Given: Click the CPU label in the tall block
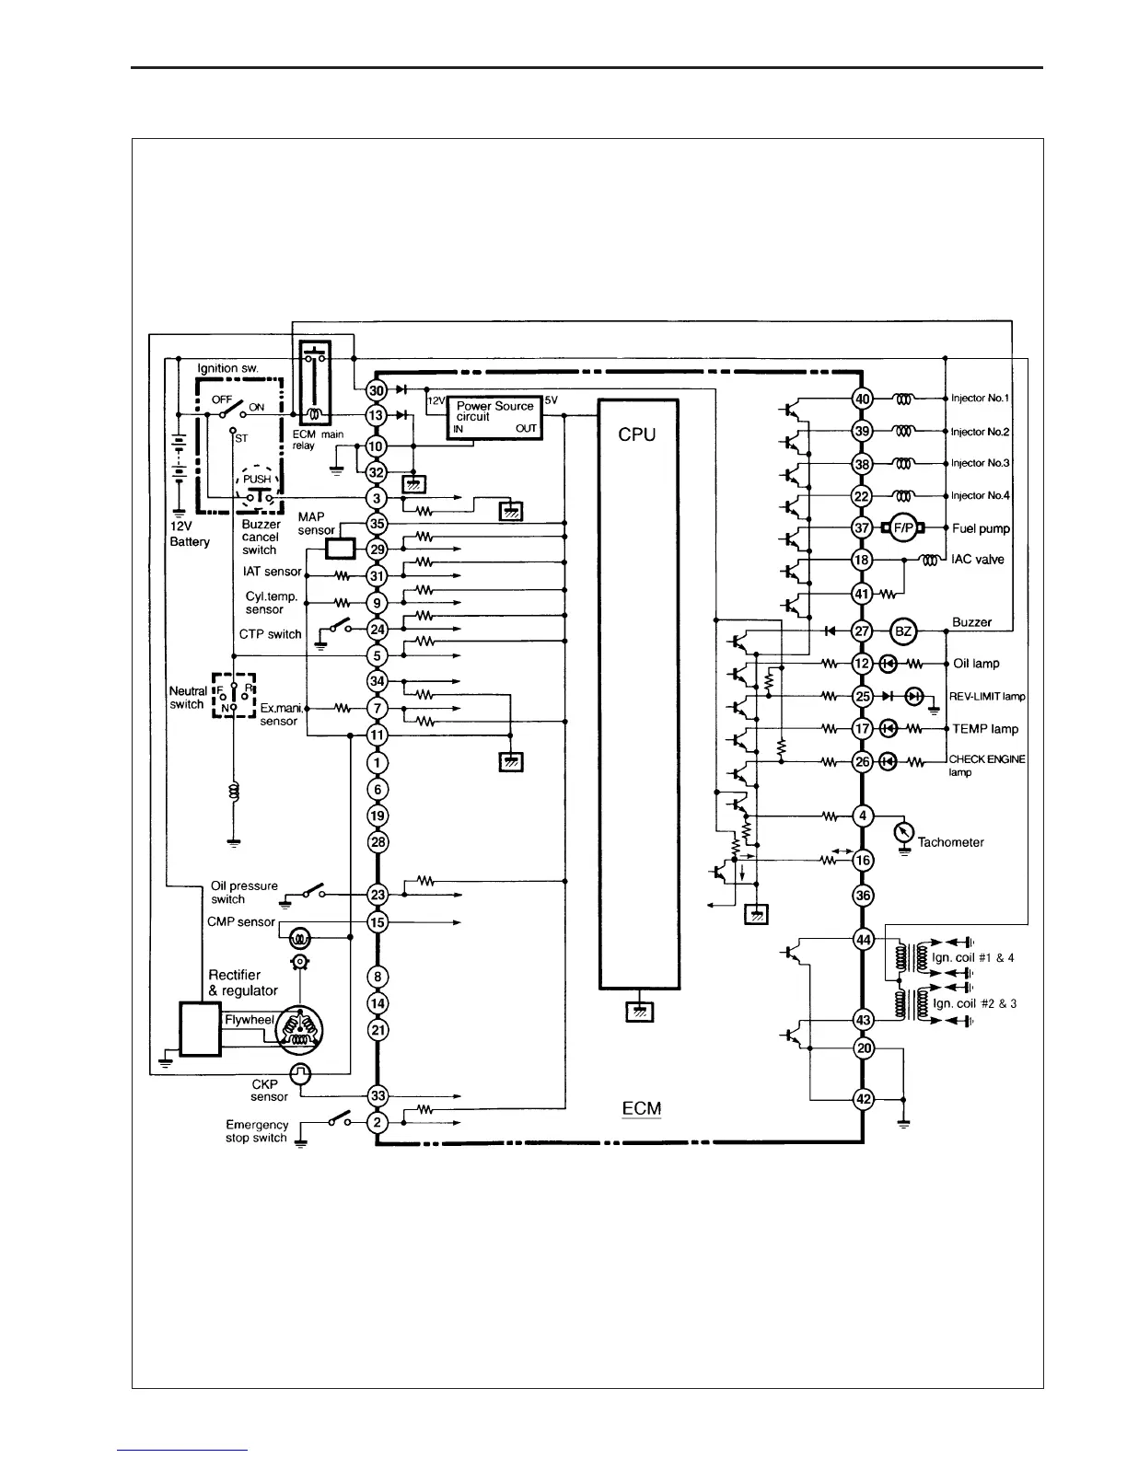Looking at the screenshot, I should coord(637,435).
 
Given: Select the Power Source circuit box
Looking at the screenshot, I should coord(494,419).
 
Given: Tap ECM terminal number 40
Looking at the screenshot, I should coord(862,399).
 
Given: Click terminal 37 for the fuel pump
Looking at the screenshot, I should coord(862,528).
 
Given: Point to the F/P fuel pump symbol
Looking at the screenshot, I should coord(902,528).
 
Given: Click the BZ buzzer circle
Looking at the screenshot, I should coord(903,631).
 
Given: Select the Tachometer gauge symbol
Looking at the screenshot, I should coord(904,831).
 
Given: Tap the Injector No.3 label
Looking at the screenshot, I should coord(980,464).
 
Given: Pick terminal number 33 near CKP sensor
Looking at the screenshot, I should coord(378,1095).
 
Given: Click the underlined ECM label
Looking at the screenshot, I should coord(642,1108).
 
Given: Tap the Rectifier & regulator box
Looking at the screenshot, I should coord(200,1029).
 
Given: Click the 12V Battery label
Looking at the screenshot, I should coord(189,534).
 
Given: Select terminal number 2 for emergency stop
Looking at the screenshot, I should coord(378,1123).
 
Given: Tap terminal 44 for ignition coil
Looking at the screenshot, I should coord(862,940).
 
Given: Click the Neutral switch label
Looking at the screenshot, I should coord(188,698).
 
